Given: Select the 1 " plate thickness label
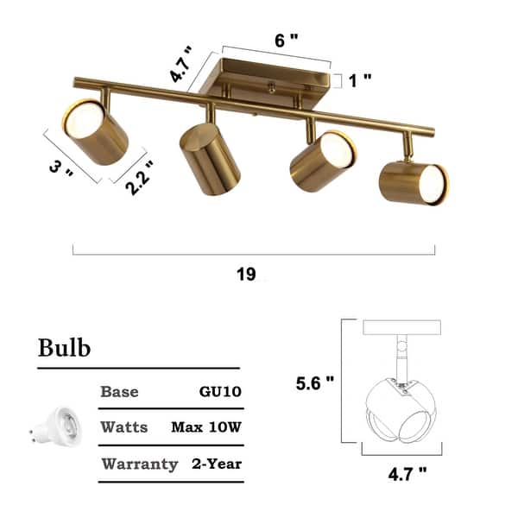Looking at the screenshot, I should pos(361,80).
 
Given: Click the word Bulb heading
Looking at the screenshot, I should pos(65,348).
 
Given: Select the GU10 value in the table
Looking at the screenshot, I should pos(220,391).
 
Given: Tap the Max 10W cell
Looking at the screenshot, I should pos(206,427).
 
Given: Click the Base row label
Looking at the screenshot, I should pos(119,391).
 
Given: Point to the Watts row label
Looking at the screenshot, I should pos(124,427).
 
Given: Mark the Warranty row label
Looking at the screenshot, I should pos(140,464).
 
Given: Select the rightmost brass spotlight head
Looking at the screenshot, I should pos(413,181).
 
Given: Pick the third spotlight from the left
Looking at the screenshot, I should pos(322,159).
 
